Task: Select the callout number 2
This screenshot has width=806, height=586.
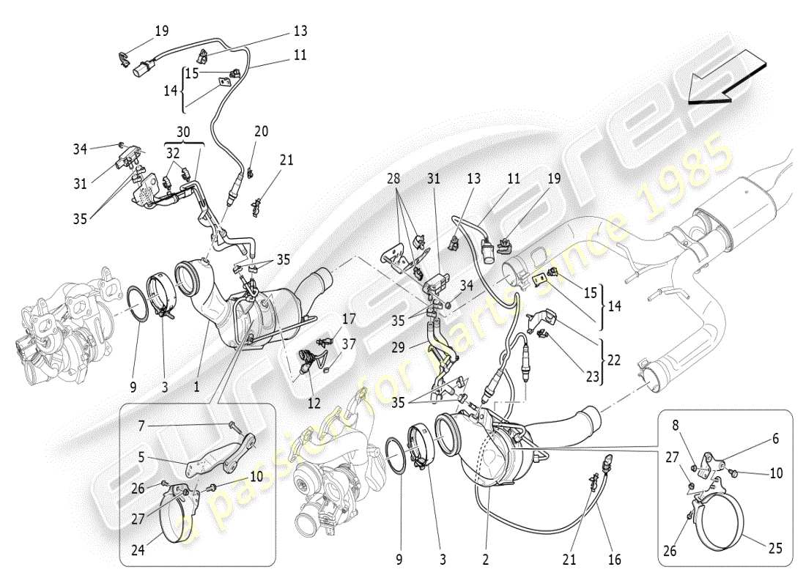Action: coord(484,560)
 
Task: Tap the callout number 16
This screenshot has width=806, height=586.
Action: coord(614,560)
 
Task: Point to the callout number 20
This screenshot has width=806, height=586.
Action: coord(261,132)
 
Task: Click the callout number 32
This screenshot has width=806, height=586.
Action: coord(172,153)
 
